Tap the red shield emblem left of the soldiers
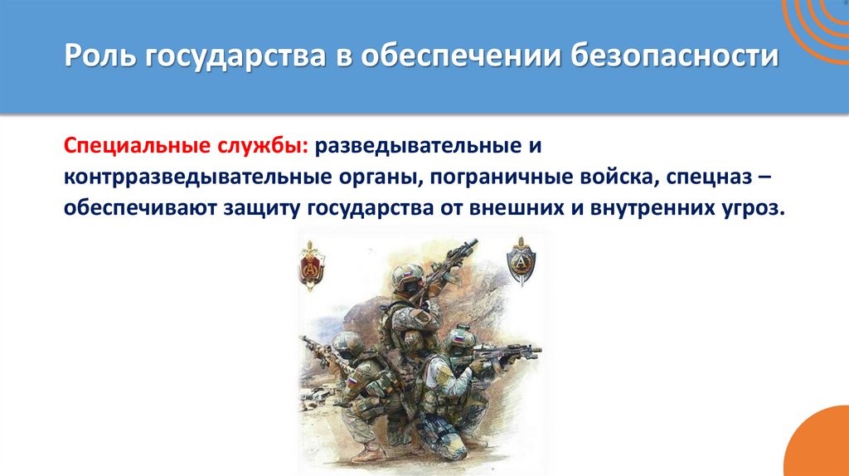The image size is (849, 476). coord(312,265)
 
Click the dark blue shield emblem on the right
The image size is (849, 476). coord(521,261)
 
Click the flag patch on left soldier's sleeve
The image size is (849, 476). coord(352,382)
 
